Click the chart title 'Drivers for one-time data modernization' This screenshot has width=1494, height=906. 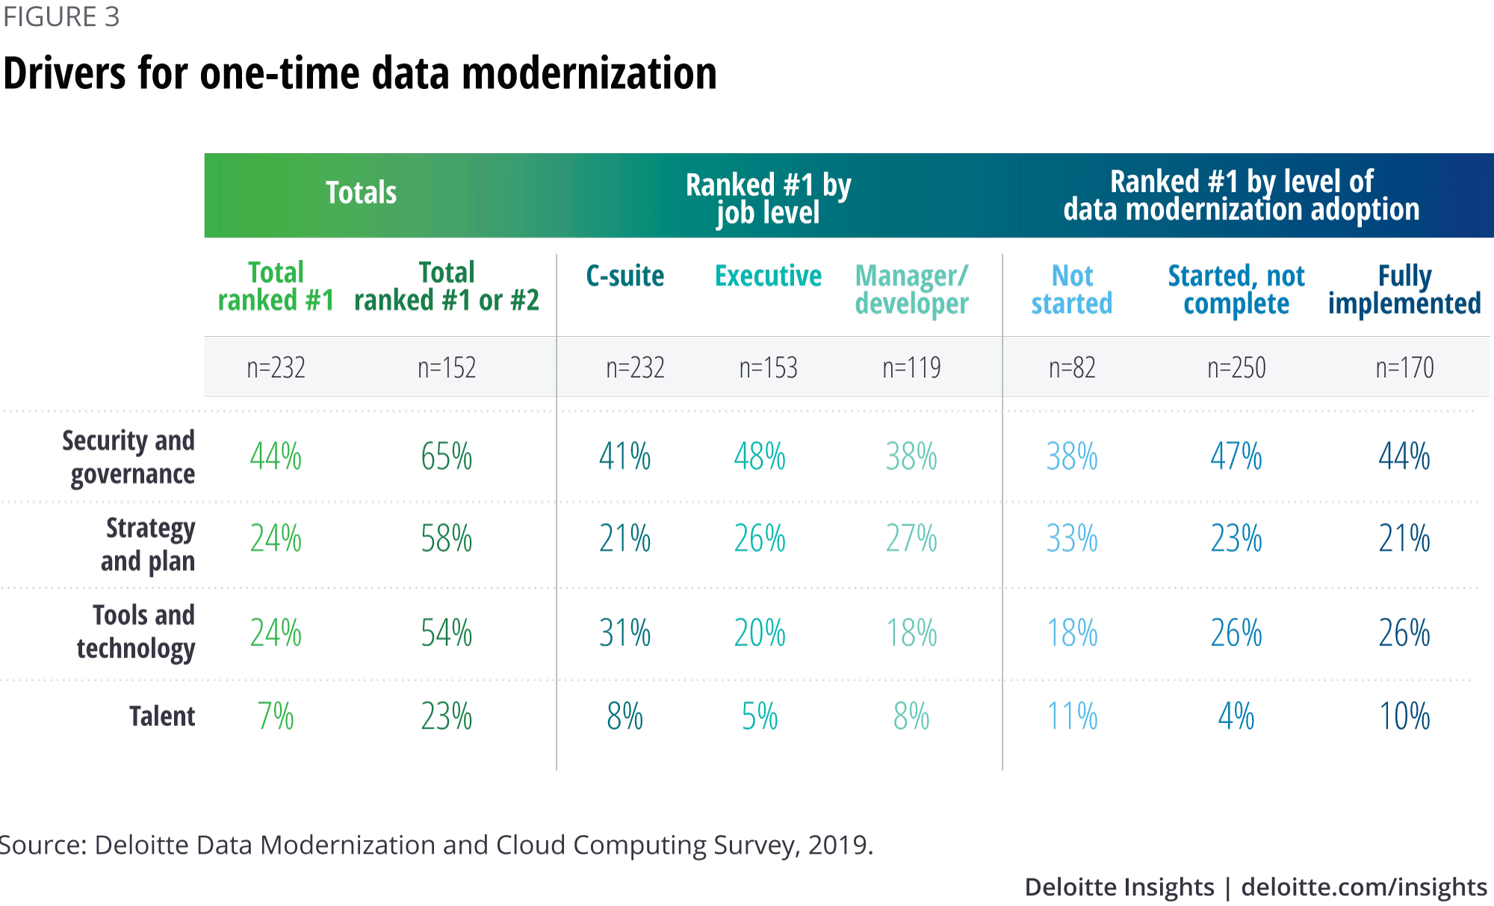(359, 73)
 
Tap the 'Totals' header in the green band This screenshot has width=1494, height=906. (361, 193)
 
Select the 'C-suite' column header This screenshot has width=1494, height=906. (624, 276)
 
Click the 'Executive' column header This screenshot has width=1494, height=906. (768, 276)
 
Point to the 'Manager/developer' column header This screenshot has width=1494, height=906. (911, 290)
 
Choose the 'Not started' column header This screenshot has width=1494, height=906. (1072, 290)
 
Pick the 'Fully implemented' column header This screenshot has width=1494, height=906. (1404, 290)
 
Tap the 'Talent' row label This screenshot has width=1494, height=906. (161, 716)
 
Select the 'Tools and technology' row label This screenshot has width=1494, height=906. (137, 632)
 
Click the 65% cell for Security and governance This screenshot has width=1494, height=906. (446, 456)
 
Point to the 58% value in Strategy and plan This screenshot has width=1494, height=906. (446, 539)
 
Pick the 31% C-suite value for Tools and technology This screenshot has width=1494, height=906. (624, 633)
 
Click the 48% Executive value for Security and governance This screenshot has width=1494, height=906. (760, 456)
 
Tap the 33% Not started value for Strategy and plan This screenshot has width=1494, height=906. (1072, 539)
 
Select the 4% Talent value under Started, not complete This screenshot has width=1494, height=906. (1236, 716)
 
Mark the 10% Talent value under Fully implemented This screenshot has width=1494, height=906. (1404, 716)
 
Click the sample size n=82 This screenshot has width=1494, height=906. (1072, 367)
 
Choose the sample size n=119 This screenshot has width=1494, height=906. (911, 367)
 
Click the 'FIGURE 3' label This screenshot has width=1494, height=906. (61, 16)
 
